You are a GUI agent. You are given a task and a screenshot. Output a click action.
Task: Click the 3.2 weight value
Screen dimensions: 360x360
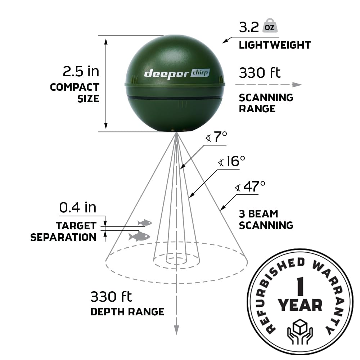[x=249, y=27]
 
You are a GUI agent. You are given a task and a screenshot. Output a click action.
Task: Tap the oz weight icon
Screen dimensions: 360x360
[x=270, y=26]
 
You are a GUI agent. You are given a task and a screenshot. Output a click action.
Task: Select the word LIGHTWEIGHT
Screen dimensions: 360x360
[x=275, y=45]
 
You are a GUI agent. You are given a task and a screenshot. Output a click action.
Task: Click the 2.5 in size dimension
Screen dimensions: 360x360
[x=81, y=71]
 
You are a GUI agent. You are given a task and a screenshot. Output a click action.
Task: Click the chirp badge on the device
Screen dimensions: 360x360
[x=200, y=73]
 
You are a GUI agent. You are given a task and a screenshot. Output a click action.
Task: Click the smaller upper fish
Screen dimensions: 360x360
[x=145, y=222]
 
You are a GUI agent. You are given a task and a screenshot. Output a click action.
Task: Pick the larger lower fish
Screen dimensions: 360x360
[x=139, y=236]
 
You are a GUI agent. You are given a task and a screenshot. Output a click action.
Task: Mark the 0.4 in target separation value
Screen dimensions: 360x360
[x=78, y=207]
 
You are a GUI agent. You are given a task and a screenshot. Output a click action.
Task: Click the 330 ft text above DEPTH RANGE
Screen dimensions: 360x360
[x=111, y=297]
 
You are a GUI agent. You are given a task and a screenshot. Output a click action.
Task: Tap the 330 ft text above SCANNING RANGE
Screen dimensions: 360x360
[x=260, y=73]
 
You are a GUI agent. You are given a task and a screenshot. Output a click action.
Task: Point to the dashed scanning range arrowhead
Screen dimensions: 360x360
[x=297, y=85]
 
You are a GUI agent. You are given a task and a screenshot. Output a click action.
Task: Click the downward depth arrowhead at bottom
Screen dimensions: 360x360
[x=176, y=330]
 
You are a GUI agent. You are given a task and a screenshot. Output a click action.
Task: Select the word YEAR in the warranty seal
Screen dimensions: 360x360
[x=300, y=305]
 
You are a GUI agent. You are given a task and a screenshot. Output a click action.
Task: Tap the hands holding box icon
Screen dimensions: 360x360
[x=300, y=331]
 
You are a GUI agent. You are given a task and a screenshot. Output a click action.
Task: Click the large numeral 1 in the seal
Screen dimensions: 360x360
[x=300, y=287]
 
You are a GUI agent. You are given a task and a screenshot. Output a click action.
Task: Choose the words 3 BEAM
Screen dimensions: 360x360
[x=258, y=214]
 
